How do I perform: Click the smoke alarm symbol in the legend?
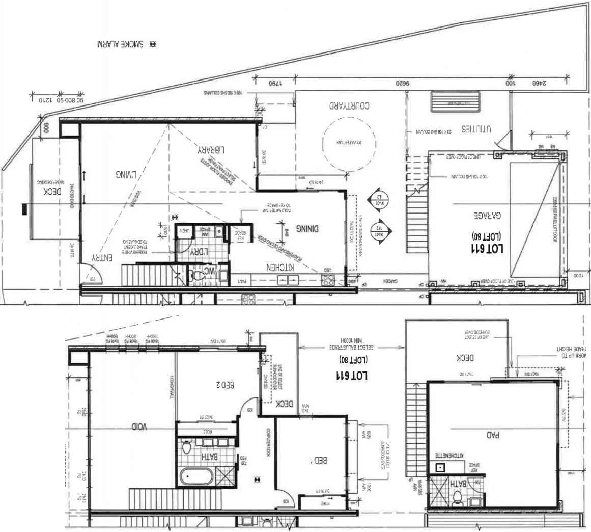153,44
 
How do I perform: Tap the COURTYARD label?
349,106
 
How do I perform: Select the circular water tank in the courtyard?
350,143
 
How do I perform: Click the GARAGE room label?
488,216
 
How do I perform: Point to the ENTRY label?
102,258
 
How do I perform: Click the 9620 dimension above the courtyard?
403,83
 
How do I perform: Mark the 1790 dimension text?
275,83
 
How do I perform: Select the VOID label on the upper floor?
139,426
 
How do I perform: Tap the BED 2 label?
224,386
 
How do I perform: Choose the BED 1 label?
319,460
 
